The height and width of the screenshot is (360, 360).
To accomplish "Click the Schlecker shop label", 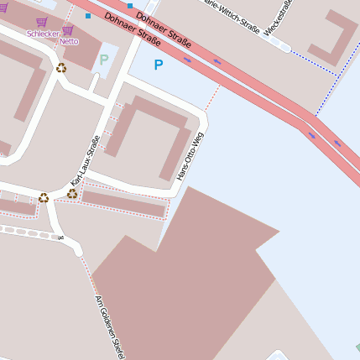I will pyautogui.click(x=43, y=34).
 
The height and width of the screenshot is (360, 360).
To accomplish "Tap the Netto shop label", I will pyautogui.click(x=69, y=41).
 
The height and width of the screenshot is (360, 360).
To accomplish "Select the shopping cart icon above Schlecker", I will pyautogui.click(x=41, y=23).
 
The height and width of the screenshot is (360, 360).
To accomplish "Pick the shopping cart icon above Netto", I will pyautogui.click(x=68, y=31).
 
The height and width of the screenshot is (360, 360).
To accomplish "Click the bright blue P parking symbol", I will pyautogui.click(x=159, y=65).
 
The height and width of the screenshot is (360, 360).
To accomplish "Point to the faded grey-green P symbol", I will pyautogui.click(x=104, y=60).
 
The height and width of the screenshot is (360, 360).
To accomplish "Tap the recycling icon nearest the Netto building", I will pyautogui.click(x=61, y=68).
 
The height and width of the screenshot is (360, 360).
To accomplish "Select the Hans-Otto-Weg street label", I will pyautogui.click(x=190, y=155).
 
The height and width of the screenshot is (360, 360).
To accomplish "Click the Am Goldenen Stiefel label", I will pyautogui.click(x=110, y=326).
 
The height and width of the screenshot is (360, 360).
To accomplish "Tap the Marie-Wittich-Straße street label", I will pyautogui.click(x=237, y=16).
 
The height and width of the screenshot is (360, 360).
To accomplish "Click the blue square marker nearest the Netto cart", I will pyautogui.click(x=87, y=16).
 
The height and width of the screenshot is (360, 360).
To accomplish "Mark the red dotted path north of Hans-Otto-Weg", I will pyautogui.click(x=213, y=96).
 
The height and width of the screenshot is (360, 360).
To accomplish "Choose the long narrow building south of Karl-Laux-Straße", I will pyautogui.click(x=123, y=204).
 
